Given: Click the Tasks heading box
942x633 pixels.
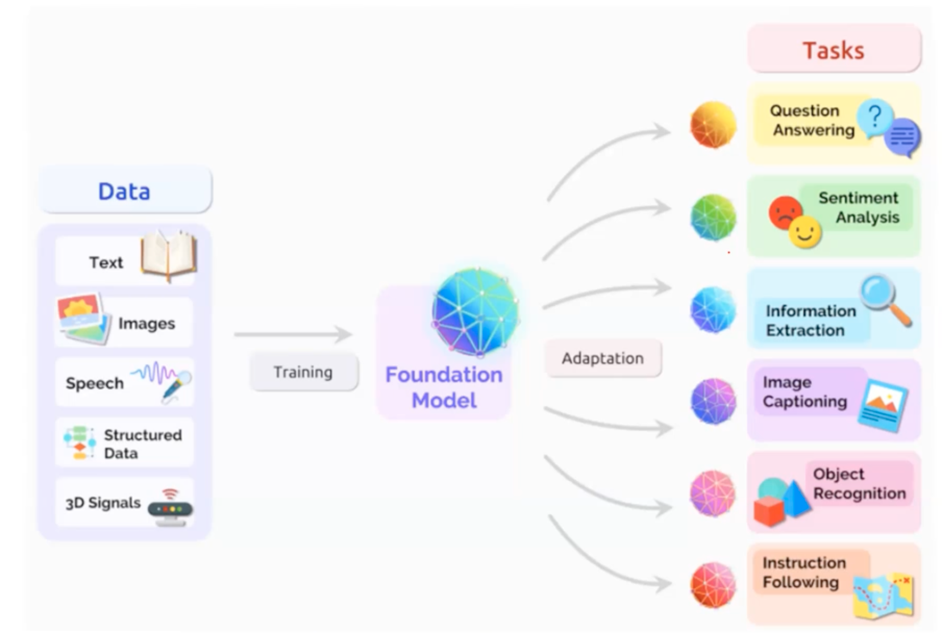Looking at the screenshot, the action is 834,49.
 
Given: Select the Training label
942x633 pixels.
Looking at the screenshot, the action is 303,372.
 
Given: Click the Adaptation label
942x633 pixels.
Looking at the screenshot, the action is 603,358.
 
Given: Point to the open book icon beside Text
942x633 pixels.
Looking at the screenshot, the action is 169,256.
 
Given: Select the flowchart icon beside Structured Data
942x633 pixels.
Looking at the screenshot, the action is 79,442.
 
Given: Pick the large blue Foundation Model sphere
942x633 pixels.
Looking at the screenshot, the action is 475,311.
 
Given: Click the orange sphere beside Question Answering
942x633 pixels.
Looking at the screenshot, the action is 713,125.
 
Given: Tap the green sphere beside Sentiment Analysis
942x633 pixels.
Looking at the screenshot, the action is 713,217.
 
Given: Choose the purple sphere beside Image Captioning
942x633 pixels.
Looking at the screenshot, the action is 713,401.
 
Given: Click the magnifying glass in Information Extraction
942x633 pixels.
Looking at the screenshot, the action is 885,299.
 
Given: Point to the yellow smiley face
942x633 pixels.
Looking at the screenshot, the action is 804,232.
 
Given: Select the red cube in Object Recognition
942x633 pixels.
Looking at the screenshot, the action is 769,511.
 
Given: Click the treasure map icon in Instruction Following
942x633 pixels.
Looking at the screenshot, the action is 884,596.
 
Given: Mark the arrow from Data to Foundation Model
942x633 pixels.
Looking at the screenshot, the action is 293,334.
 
